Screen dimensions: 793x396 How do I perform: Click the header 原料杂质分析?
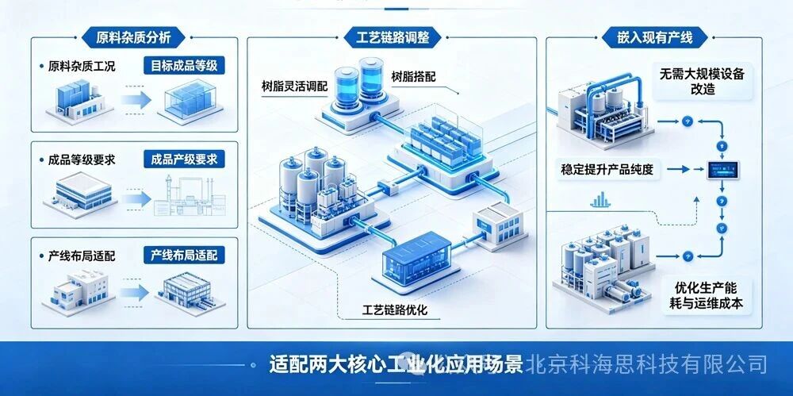(133, 37)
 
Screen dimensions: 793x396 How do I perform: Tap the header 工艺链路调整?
(392, 37)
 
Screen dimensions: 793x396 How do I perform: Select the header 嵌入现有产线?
(654, 37)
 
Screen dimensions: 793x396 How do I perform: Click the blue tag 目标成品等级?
(184, 66)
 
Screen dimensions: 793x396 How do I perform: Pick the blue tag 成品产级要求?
(184, 160)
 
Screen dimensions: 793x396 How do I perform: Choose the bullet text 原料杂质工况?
(82, 67)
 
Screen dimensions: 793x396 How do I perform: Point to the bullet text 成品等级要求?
(82, 160)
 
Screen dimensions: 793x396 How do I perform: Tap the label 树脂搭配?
(414, 77)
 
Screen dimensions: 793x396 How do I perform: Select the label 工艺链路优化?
(395, 309)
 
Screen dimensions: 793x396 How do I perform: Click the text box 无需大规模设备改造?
(702, 81)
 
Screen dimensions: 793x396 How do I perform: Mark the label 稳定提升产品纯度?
(607, 169)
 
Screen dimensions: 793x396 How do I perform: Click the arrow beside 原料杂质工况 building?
(136, 99)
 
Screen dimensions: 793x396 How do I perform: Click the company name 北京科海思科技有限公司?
(646, 363)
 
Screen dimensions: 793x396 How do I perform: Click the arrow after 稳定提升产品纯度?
(684, 169)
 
